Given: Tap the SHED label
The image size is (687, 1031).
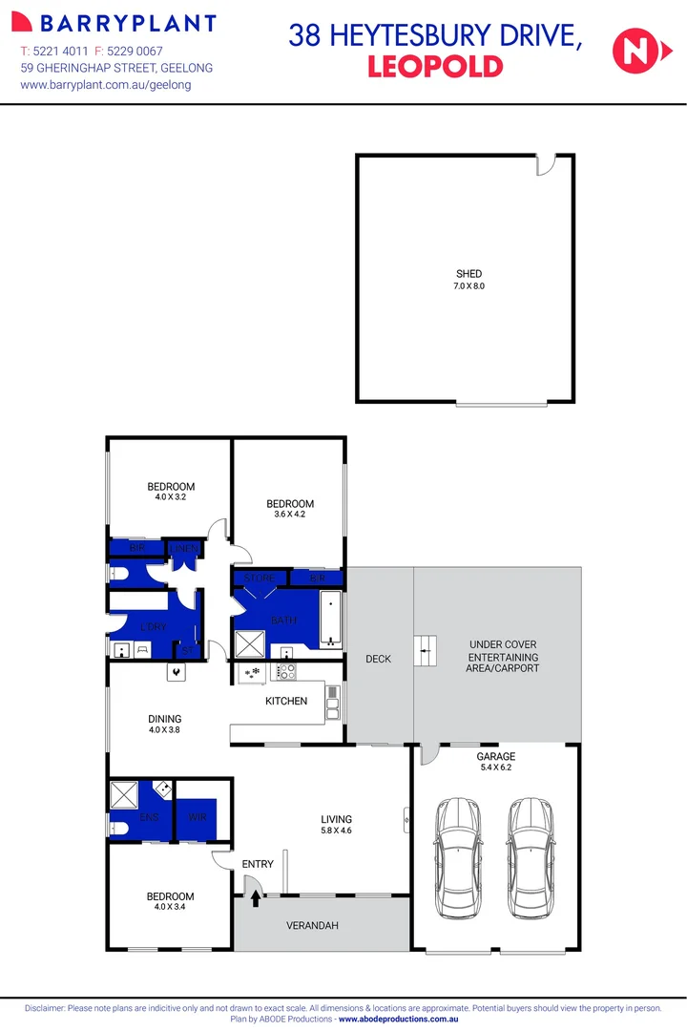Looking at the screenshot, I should [468, 274].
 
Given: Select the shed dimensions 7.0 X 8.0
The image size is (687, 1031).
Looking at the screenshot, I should [468, 285].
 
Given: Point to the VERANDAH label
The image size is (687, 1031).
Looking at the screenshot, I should [312, 926].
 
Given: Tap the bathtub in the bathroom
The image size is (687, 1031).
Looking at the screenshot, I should [329, 619].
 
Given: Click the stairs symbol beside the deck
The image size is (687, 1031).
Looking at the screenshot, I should [425, 652].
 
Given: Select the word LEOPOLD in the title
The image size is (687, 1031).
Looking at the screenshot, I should [434, 66].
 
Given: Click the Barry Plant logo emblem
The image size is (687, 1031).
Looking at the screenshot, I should [25, 23].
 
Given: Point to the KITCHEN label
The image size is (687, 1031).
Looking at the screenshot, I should [286, 701].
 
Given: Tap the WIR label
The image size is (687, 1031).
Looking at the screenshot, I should [198, 817].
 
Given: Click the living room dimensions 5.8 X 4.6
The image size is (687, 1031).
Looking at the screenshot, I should [336, 831].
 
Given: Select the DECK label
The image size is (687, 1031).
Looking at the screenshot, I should [378, 659].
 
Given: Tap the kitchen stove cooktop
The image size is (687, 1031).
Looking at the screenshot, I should [284, 672].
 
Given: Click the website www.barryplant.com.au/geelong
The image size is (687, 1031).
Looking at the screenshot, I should [106, 85].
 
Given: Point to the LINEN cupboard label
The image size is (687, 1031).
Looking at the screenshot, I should [184, 548].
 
